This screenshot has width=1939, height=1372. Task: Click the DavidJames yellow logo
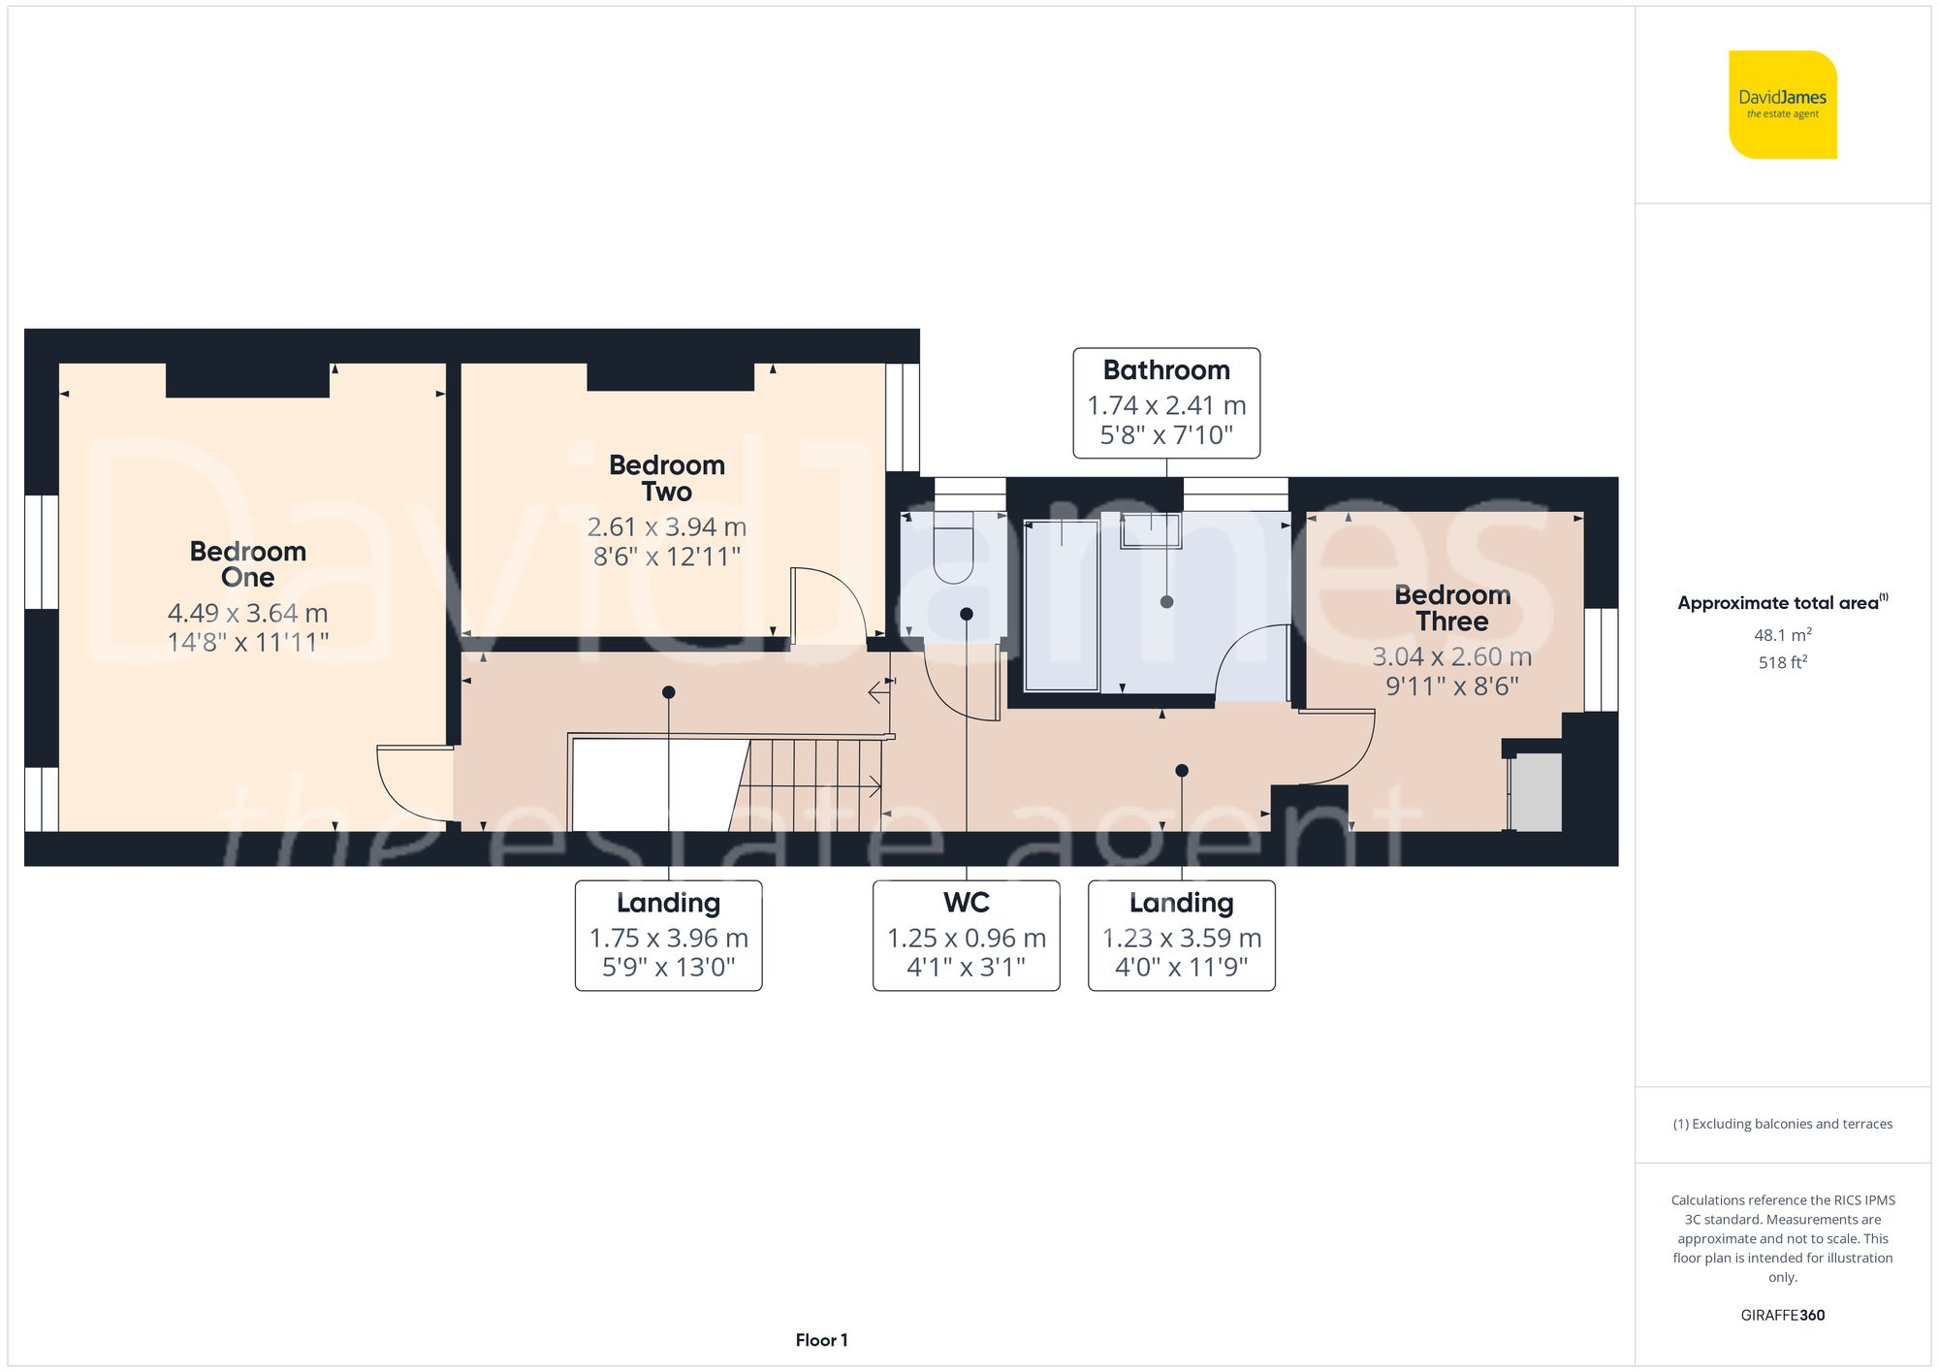[1782, 105]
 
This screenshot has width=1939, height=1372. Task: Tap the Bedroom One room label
[247, 564]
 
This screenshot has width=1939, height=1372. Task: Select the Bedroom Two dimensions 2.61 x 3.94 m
[666, 527]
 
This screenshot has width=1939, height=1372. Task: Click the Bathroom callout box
[1166, 402]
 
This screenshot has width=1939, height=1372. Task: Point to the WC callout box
[966, 935]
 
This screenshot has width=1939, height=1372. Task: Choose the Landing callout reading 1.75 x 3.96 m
[668, 935]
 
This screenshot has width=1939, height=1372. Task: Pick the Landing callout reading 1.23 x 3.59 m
[1181, 935]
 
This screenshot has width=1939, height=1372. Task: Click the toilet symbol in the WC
[952, 553]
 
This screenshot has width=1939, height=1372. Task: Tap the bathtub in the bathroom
[1062, 606]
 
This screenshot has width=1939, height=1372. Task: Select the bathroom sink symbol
[1152, 530]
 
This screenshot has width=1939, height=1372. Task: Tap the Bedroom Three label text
[1451, 608]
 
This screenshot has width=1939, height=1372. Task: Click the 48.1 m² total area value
[1782, 635]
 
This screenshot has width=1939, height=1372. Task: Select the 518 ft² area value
[1782, 662]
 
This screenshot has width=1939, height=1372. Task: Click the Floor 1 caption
[821, 1340]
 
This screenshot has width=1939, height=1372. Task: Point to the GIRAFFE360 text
[1782, 1315]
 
